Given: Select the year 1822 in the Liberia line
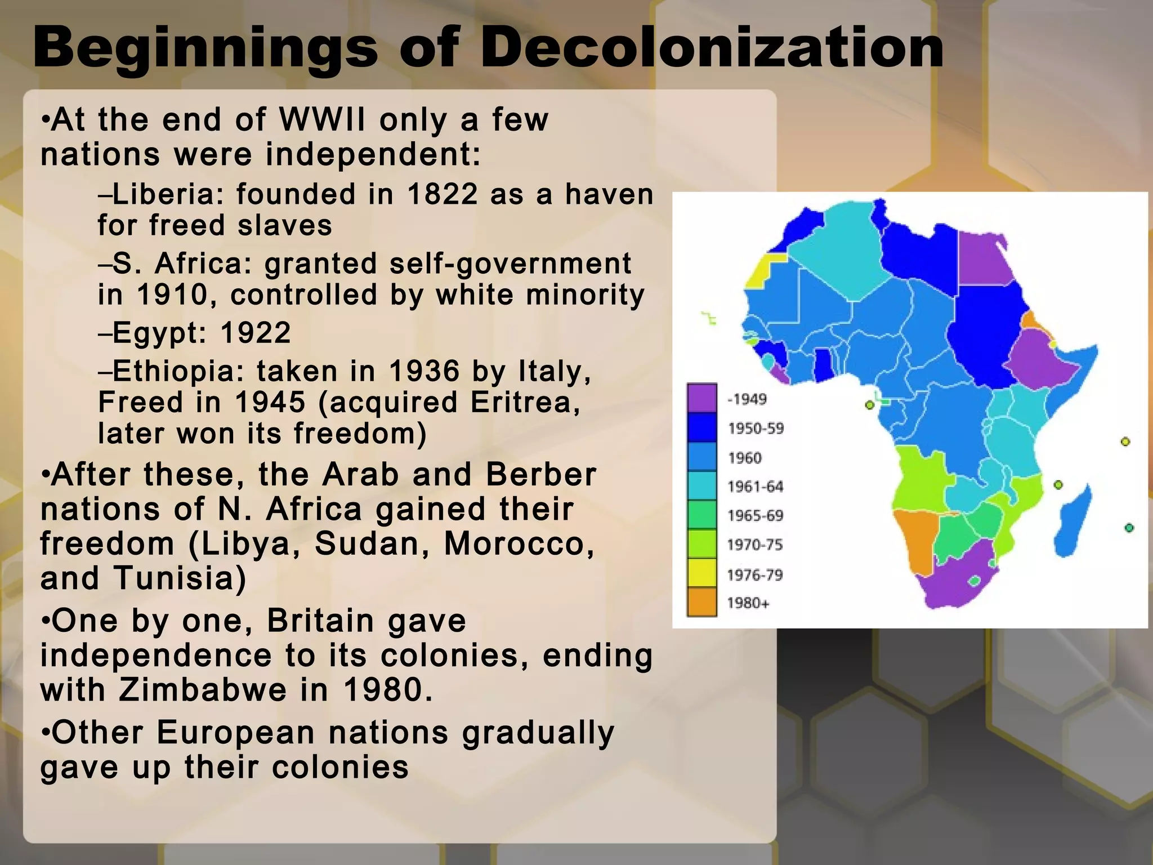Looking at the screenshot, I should [x=442, y=194].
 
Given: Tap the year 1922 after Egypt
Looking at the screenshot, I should [x=256, y=332].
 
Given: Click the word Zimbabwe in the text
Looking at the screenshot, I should [x=203, y=689].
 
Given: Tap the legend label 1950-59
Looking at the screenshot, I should [x=756, y=429].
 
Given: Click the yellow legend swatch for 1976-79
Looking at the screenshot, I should [x=701, y=573].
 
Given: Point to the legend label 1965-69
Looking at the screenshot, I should [x=755, y=515].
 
